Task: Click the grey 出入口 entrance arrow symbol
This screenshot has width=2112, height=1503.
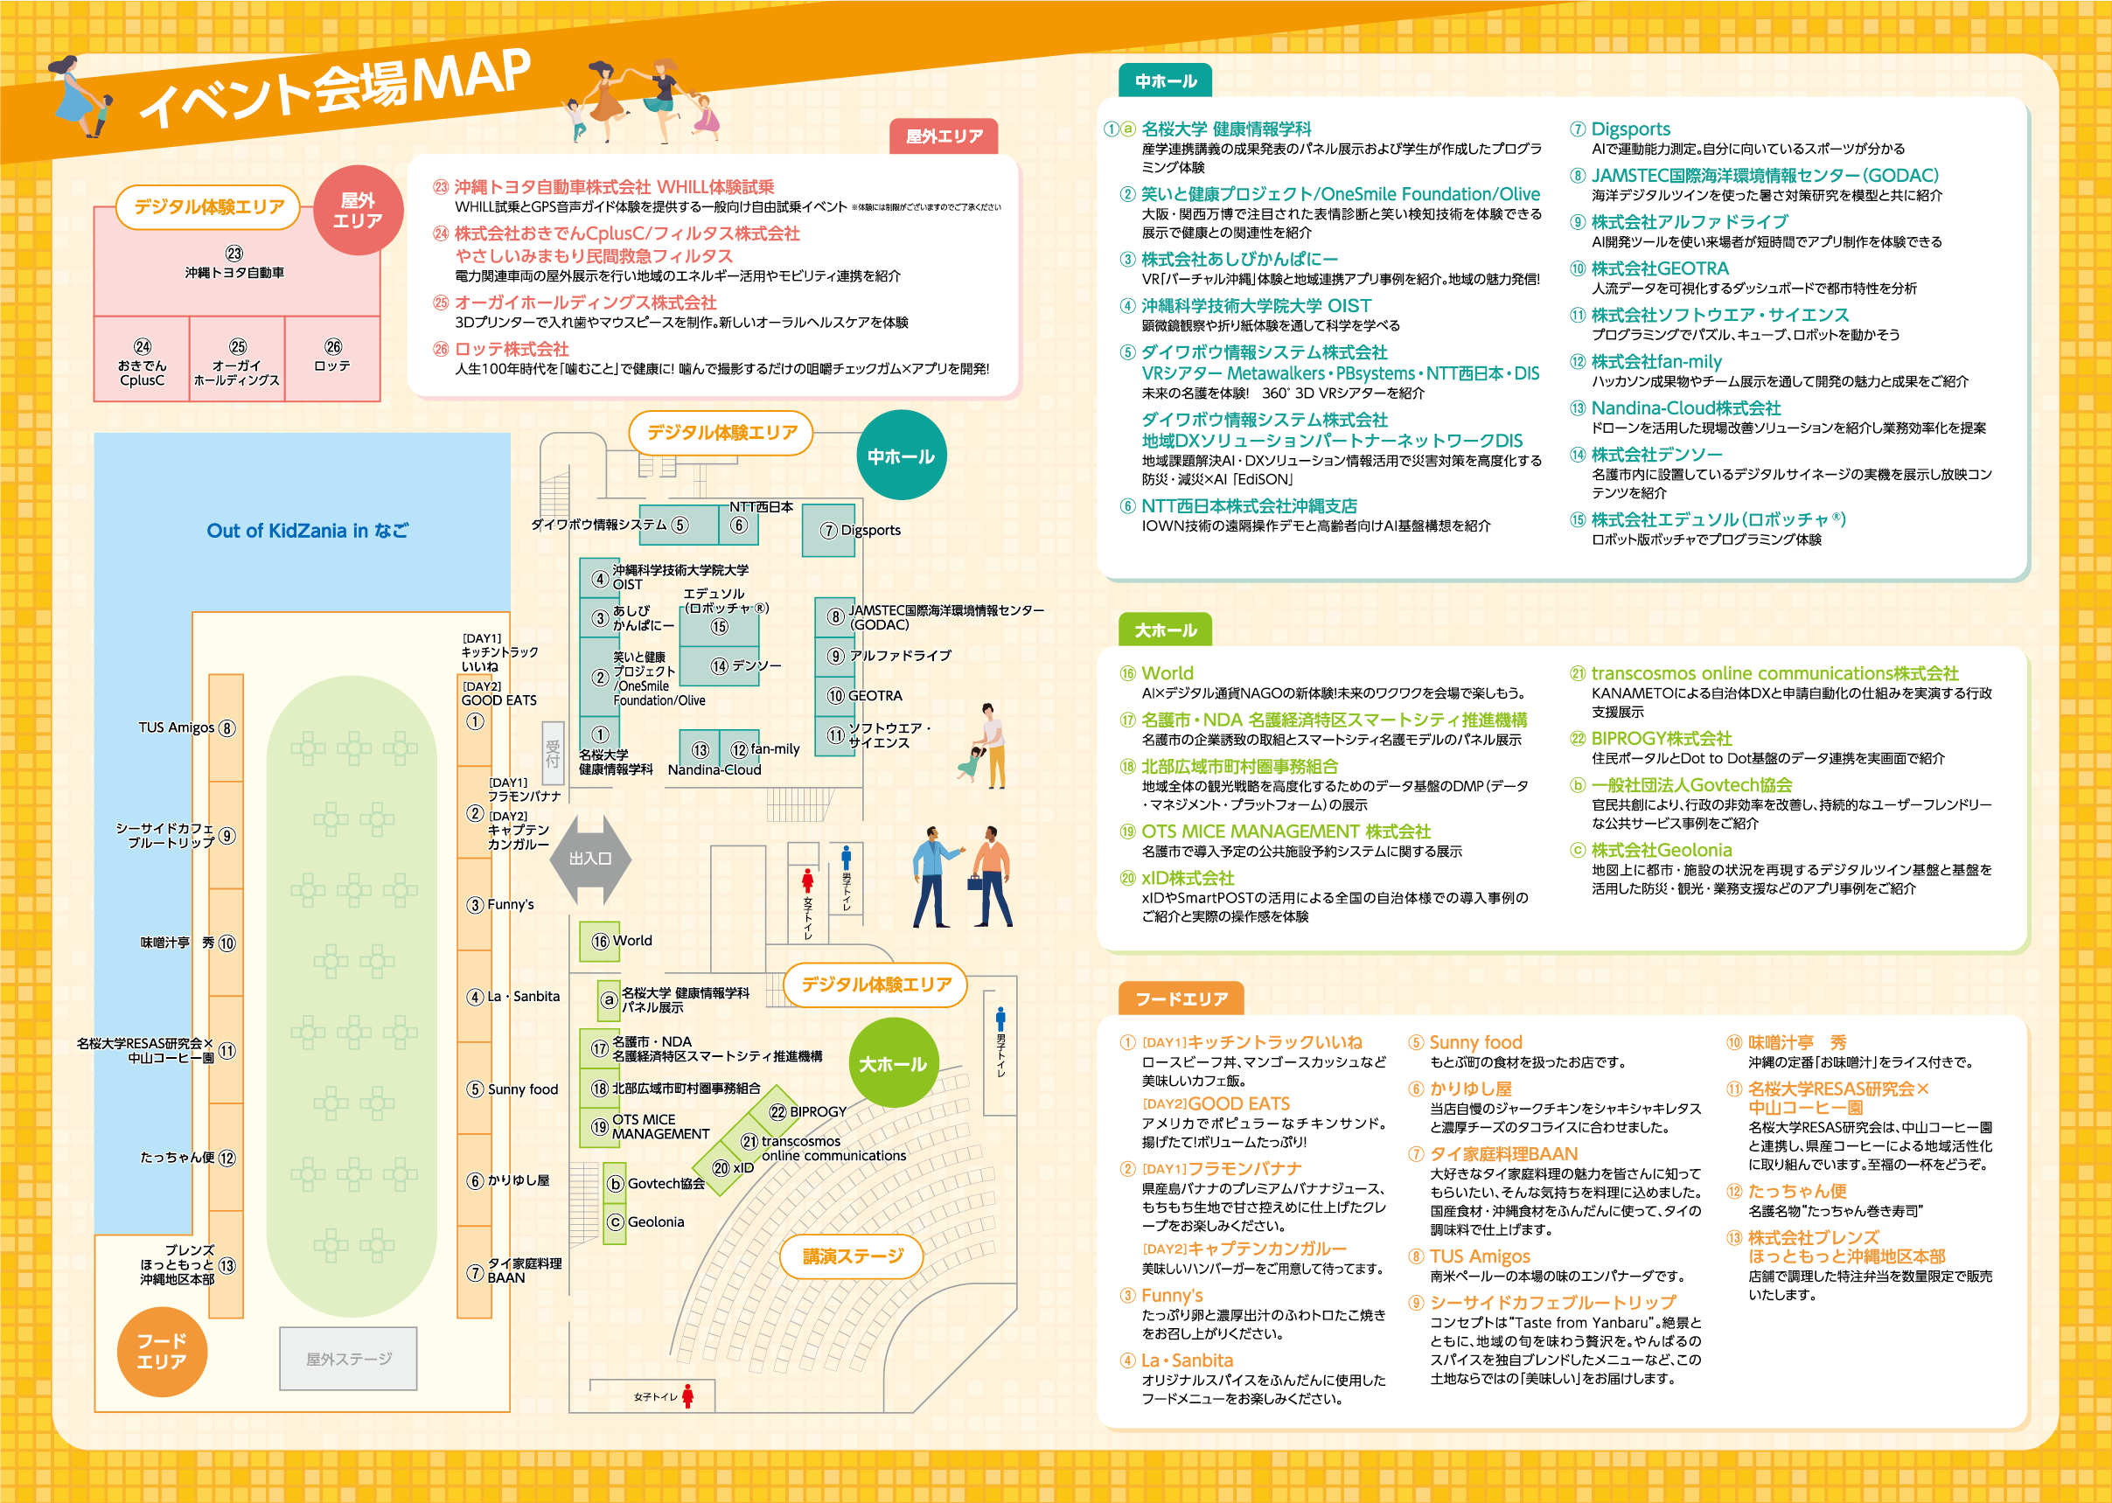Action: pyautogui.click(x=590, y=859)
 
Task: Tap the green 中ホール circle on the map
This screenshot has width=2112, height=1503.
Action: pyautogui.click(x=902, y=456)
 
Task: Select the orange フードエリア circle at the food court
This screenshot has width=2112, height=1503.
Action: pyautogui.click(x=162, y=1351)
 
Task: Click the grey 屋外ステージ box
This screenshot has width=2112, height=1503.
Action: pyautogui.click(x=349, y=1359)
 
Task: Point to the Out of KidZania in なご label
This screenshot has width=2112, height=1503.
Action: pyautogui.click(x=307, y=531)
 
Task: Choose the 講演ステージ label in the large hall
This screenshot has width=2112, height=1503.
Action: pyautogui.click(x=853, y=1256)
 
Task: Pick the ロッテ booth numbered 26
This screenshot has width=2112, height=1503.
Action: pyautogui.click(x=332, y=357)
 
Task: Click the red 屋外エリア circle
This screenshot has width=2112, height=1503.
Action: pyautogui.click(x=359, y=210)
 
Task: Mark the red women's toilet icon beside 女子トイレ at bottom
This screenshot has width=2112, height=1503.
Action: pyautogui.click(x=687, y=1395)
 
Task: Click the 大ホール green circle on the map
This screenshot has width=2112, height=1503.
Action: pyautogui.click(x=893, y=1063)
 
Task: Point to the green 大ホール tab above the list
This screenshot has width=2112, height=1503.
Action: pyautogui.click(x=1165, y=630)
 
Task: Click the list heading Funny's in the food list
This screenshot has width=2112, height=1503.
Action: pyautogui.click(x=1172, y=1295)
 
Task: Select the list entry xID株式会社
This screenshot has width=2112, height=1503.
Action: pyautogui.click(x=1188, y=877)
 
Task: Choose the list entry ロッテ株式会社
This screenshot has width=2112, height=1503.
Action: pyautogui.click(x=511, y=349)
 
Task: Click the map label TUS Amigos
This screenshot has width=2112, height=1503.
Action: pyautogui.click(x=177, y=727)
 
